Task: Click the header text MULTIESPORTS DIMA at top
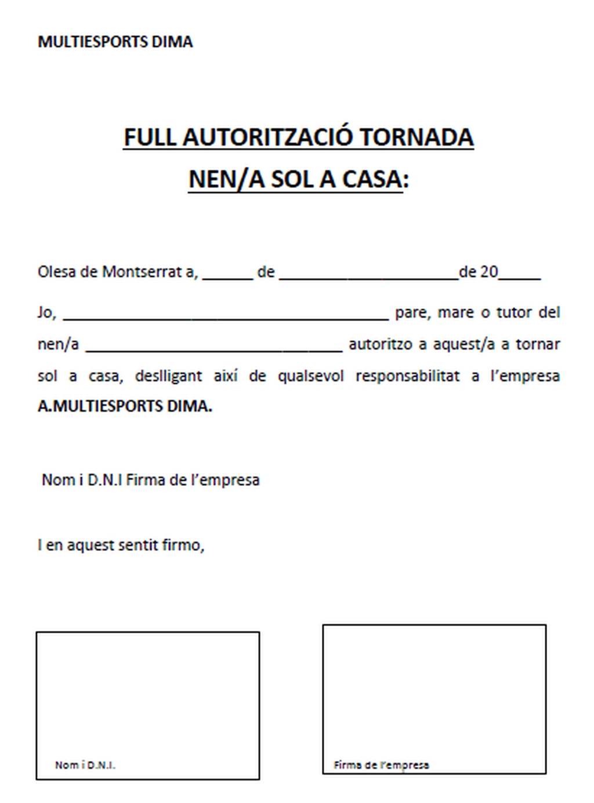(x=115, y=42)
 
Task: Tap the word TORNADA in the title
(x=416, y=137)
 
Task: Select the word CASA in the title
(x=372, y=179)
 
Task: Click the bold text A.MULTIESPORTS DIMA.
(x=125, y=406)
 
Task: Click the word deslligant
(x=168, y=376)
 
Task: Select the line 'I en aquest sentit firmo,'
(x=121, y=545)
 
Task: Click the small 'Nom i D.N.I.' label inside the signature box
(x=85, y=765)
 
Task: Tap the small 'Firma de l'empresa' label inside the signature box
(x=381, y=765)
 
